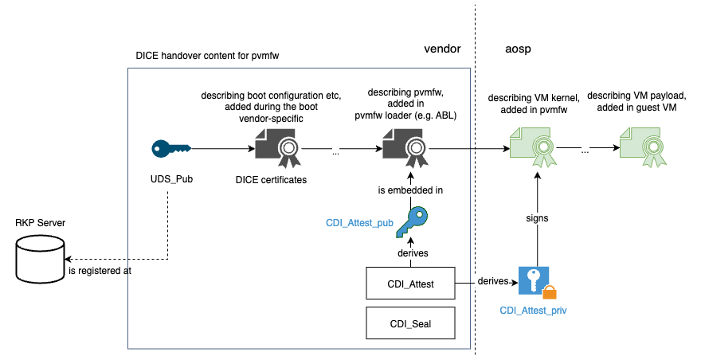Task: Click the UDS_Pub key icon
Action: [x=171, y=148]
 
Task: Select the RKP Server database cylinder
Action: [x=40, y=259]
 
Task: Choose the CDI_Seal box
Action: [x=409, y=323]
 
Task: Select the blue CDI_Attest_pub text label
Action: [x=359, y=223]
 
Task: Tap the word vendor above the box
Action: [x=442, y=49]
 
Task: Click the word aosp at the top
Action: [x=518, y=49]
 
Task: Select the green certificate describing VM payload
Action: [x=641, y=148]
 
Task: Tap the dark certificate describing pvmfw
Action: [x=403, y=148]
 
